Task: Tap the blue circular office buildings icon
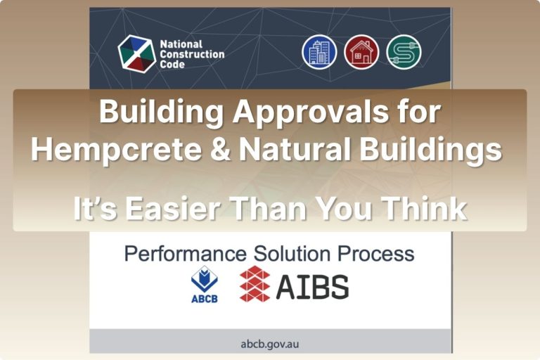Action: (x=319, y=52)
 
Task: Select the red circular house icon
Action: (x=361, y=52)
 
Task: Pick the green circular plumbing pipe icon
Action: (x=404, y=52)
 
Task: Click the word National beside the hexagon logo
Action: (x=181, y=44)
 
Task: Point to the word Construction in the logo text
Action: (x=192, y=54)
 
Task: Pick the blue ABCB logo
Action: (x=205, y=285)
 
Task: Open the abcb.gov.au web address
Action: (x=269, y=344)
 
